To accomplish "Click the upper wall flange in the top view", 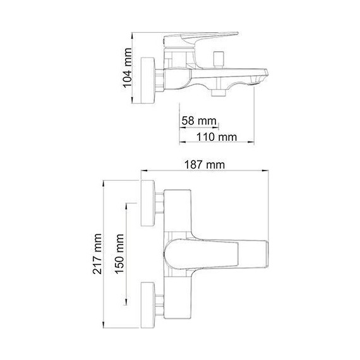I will (148, 203).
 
